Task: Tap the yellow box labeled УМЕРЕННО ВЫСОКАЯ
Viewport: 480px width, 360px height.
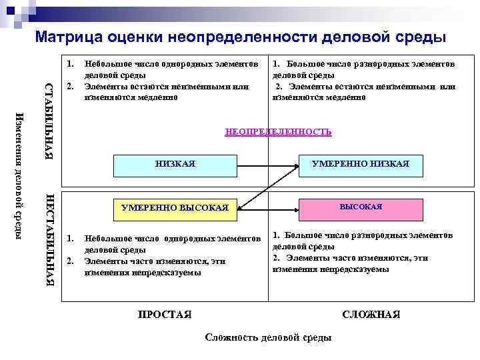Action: (175, 208)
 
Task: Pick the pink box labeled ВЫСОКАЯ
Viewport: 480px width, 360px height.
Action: (361, 207)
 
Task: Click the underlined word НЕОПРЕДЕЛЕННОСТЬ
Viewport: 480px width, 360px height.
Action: (278, 132)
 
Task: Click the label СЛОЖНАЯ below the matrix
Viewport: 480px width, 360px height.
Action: (371, 314)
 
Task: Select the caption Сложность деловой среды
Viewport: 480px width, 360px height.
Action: (269, 337)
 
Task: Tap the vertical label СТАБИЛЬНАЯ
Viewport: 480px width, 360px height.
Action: (49, 120)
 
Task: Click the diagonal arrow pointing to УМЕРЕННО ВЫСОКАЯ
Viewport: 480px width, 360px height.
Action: (267, 187)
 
